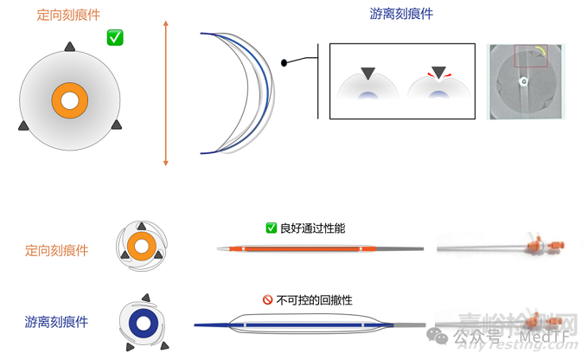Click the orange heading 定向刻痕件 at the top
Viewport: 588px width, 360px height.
(x=69, y=16)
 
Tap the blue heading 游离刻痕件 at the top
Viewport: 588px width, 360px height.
(x=402, y=14)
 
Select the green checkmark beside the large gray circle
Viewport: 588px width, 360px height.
(x=114, y=37)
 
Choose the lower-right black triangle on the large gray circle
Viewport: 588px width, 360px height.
(x=114, y=126)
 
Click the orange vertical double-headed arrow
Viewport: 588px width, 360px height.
(x=165, y=93)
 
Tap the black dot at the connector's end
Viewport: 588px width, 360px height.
(x=284, y=62)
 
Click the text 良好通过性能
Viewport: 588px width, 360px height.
(x=312, y=228)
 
